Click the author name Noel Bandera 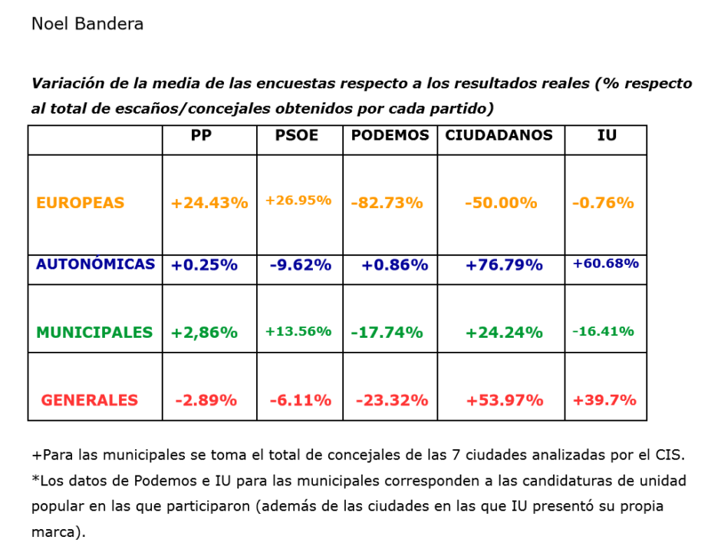87,24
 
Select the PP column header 202,135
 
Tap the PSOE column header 297,135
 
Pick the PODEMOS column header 390,135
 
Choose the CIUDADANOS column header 499,135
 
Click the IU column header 607,135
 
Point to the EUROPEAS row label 80,204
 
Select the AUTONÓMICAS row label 95,264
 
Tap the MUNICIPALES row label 94,333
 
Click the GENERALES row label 90,400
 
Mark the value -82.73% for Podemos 387,204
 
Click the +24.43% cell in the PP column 209,204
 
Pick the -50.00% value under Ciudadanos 501,204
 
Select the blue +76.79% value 504,265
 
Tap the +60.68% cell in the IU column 606,263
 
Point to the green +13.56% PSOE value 298,332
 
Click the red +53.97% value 504,400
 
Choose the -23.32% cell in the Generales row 392,400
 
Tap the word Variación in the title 64,83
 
